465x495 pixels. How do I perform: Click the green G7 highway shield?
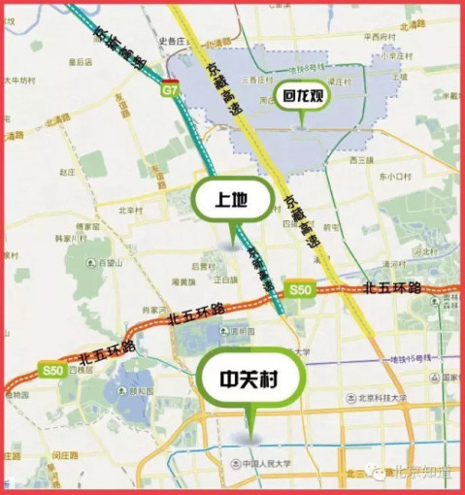[171, 89]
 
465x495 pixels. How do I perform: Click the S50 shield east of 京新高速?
[298, 290]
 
